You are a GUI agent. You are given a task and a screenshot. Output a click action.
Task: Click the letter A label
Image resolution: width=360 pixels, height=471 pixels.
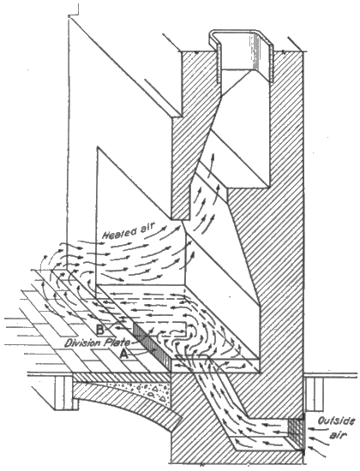(124, 355)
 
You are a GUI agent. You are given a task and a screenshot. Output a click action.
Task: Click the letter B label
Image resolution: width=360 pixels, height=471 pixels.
(100, 330)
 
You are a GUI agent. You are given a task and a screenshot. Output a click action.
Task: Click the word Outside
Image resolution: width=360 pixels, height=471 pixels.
(335, 421)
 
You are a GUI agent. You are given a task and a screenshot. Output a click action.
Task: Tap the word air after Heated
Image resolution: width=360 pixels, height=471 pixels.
(147, 230)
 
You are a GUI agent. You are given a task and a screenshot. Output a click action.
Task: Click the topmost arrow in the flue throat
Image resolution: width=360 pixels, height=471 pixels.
(212, 163)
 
